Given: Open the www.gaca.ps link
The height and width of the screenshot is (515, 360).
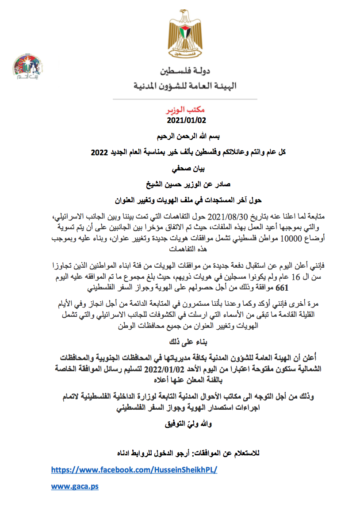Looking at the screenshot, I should click(75, 486).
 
